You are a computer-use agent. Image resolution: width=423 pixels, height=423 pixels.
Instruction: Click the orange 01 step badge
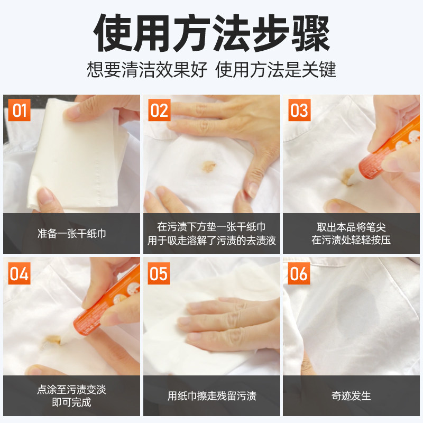tap(19, 110)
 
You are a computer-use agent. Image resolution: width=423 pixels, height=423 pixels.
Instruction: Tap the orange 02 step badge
tap(159, 110)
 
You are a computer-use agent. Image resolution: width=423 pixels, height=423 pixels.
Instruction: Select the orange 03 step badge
tap(299, 110)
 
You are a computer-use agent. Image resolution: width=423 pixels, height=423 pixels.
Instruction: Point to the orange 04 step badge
tap(19, 273)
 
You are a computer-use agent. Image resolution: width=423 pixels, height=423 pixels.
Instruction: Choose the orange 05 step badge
tap(159, 273)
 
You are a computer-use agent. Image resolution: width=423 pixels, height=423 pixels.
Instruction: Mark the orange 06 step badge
tap(299, 273)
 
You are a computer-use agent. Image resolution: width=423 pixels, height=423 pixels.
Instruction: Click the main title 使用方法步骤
tap(212, 33)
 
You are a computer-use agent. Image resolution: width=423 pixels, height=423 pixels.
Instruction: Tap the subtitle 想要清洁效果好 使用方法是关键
tap(212, 69)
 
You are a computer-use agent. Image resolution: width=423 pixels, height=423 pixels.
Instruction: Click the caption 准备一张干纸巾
tap(71, 234)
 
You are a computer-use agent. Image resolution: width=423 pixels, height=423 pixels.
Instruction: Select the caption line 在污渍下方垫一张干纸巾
tap(212, 227)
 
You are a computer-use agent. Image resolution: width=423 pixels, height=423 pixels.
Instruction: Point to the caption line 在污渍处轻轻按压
tap(351, 240)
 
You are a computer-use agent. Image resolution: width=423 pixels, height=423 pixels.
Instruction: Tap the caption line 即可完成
tap(71, 402)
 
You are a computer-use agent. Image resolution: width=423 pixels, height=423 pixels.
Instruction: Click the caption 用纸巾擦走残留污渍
tap(212, 396)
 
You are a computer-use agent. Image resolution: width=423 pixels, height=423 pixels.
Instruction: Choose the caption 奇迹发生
tap(351, 396)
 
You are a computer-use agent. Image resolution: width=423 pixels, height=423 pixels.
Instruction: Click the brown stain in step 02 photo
tap(208, 167)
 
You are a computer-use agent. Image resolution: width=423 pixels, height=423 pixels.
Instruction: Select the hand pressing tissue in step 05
tap(229, 324)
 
